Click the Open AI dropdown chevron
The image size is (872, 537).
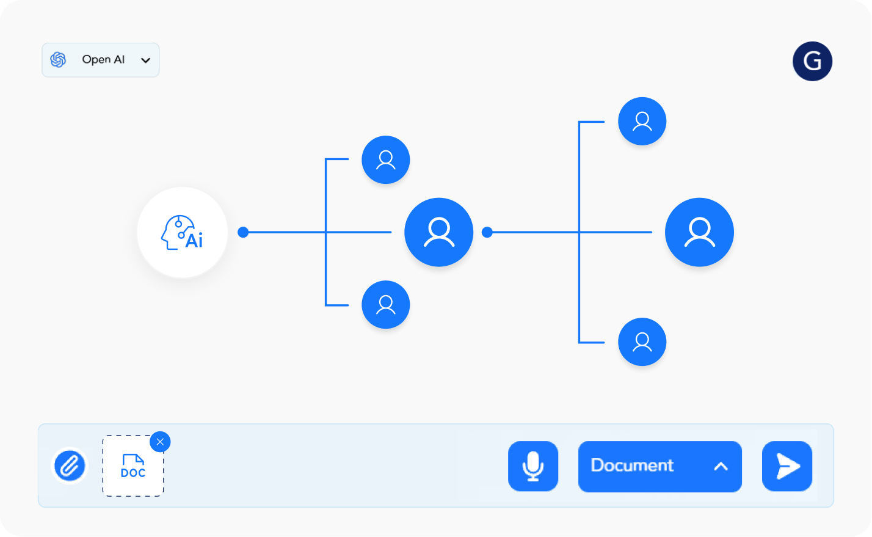[x=145, y=60]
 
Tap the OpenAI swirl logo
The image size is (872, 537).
[x=58, y=60]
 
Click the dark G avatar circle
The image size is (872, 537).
[x=812, y=61]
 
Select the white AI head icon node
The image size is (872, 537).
[x=183, y=232]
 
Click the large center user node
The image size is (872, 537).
[x=438, y=232]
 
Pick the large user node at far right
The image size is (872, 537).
[x=699, y=232]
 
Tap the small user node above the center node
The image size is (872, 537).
[x=386, y=159]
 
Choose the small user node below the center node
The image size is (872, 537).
[x=386, y=304]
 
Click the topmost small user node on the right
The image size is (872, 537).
[x=642, y=121]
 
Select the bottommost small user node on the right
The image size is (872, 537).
[x=642, y=342]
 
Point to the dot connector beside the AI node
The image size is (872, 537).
[x=243, y=232]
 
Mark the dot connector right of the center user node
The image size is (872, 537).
[x=487, y=232]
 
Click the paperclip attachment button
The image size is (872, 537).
[x=70, y=466]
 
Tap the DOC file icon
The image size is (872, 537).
[x=133, y=466]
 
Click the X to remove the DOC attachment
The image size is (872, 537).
[x=160, y=442]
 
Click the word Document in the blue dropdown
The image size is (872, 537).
[x=632, y=466]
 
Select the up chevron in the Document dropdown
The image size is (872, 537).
[x=721, y=466]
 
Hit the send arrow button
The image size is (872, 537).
[x=787, y=466]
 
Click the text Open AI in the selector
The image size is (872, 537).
[x=103, y=60]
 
